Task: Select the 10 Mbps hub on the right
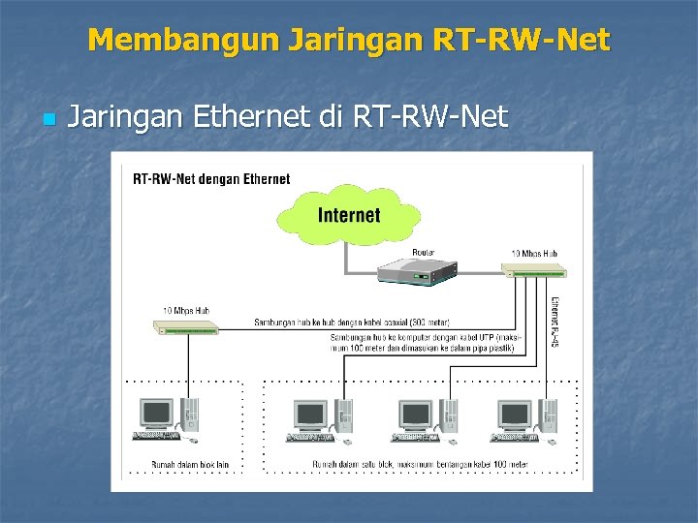point(533,271)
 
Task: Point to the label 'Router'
point(424,253)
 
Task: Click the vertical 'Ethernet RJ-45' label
point(555,324)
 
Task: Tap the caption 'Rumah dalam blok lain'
point(189,465)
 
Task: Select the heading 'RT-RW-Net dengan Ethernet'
point(211,178)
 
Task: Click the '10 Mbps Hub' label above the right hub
point(534,254)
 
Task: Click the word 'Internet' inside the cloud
point(349,215)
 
